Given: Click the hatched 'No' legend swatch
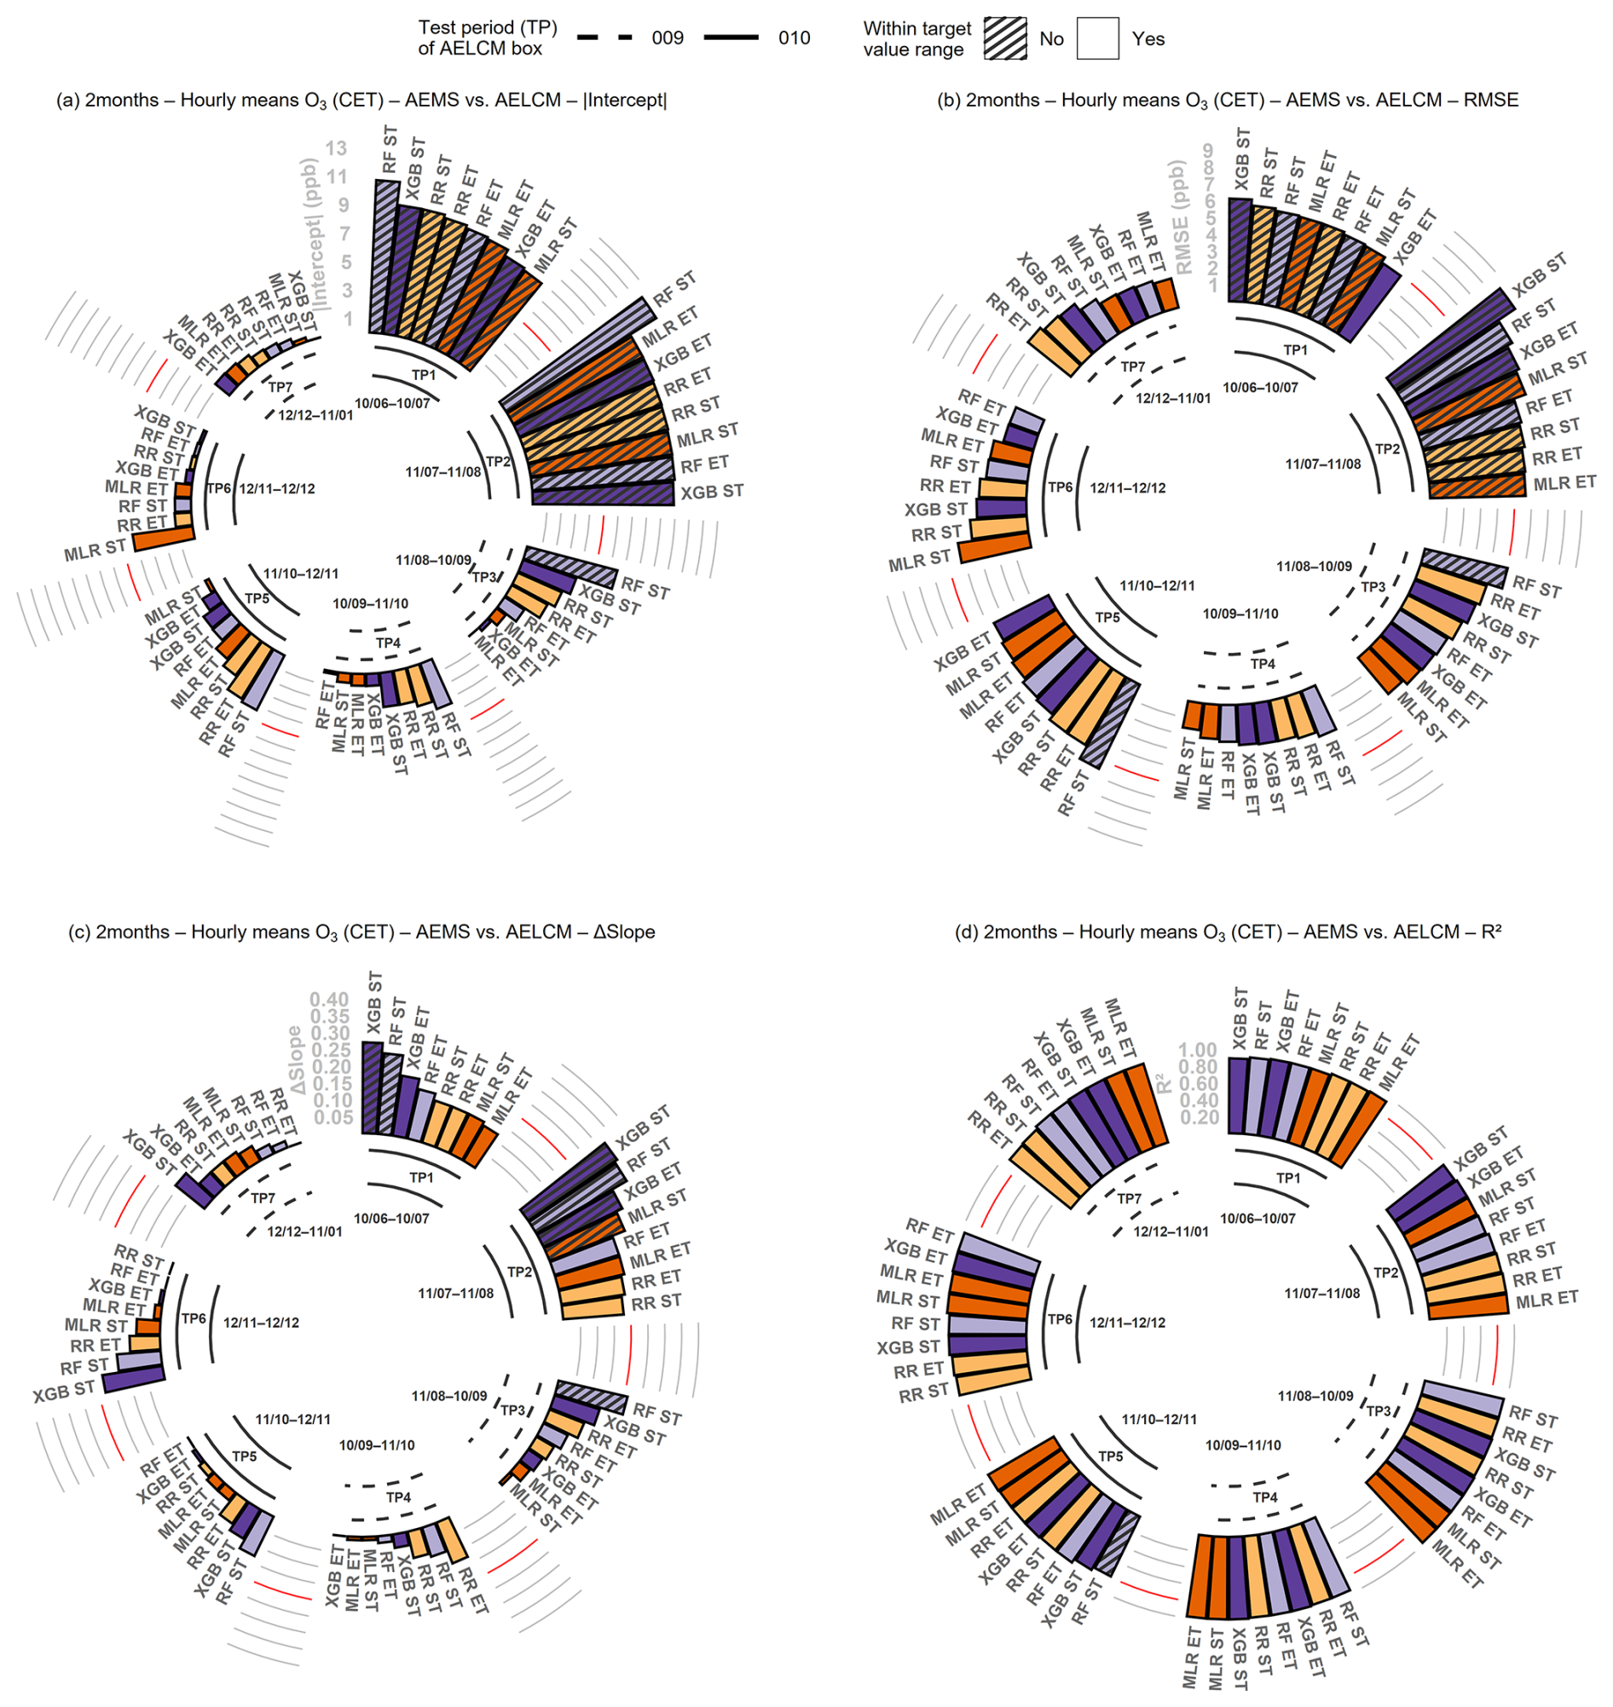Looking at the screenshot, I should [x=1005, y=38].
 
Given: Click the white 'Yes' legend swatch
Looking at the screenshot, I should [x=1097, y=38].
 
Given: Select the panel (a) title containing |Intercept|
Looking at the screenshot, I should [x=361, y=101].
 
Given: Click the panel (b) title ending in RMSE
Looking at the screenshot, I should [x=1228, y=101].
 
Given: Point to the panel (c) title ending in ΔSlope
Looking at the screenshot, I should [x=361, y=931].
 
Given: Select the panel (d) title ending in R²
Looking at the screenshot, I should [x=1228, y=931].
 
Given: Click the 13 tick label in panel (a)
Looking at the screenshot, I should [x=335, y=148].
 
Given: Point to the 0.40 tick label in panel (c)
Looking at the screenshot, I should [x=329, y=1000].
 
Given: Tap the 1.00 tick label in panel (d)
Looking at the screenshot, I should [x=1198, y=1049].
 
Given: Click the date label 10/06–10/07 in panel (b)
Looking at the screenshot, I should [x=1259, y=388].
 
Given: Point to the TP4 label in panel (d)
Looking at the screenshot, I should [x=1265, y=1497].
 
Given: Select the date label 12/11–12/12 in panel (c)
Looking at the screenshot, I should [x=261, y=1322].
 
